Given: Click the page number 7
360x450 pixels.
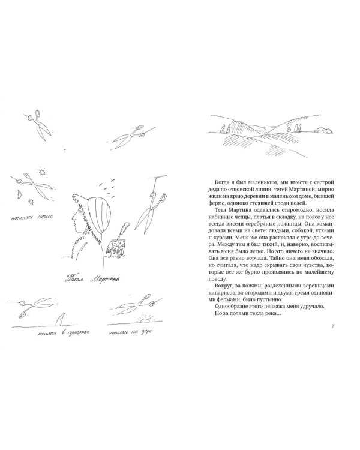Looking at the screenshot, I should (334, 326).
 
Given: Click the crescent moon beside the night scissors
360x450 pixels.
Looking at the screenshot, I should (19, 194).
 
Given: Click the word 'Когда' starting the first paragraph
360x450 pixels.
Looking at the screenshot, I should (220, 181).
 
